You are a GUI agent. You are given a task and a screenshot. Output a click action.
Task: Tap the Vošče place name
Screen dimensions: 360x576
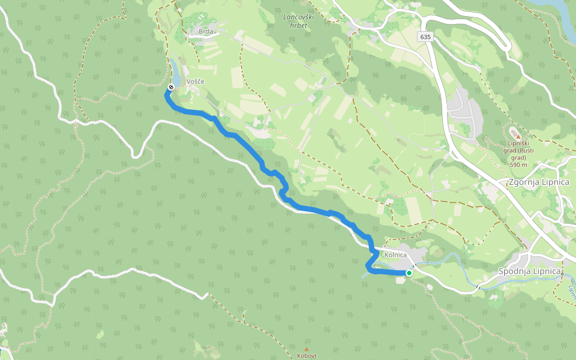pyautogui.click(x=196, y=82)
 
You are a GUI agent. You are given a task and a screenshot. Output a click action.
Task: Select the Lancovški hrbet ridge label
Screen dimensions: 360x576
pyautogui.click(x=296, y=21)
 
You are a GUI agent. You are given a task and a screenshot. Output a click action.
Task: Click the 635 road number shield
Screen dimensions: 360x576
pyautogui.click(x=425, y=37)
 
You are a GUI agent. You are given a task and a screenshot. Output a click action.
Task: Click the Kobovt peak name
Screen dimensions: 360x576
pyautogui.click(x=307, y=355)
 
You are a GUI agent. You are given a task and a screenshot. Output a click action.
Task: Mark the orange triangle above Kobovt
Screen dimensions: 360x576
pyautogui.click(x=307, y=348)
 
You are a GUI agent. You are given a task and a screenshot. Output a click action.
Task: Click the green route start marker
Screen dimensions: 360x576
pyautogui.click(x=409, y=273)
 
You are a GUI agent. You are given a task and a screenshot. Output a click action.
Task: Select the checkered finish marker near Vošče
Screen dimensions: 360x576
pyautogui.click(x=170, y=88)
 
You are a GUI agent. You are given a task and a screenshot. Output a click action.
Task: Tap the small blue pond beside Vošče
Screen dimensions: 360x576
pyautogui.click(x=174, y=72)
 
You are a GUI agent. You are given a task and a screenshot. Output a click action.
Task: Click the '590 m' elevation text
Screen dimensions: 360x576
pyautogui.click(x=518, y=164)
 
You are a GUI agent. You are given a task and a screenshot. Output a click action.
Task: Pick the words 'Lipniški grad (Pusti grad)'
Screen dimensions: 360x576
pyautogui.click(x=518, y=150)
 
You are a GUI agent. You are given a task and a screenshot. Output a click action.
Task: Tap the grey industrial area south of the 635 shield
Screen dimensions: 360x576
pyautogui.click(x=465, y=108)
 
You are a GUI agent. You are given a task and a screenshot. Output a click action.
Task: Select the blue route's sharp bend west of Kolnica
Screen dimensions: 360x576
pyautogui.click(x=368, y=267)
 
